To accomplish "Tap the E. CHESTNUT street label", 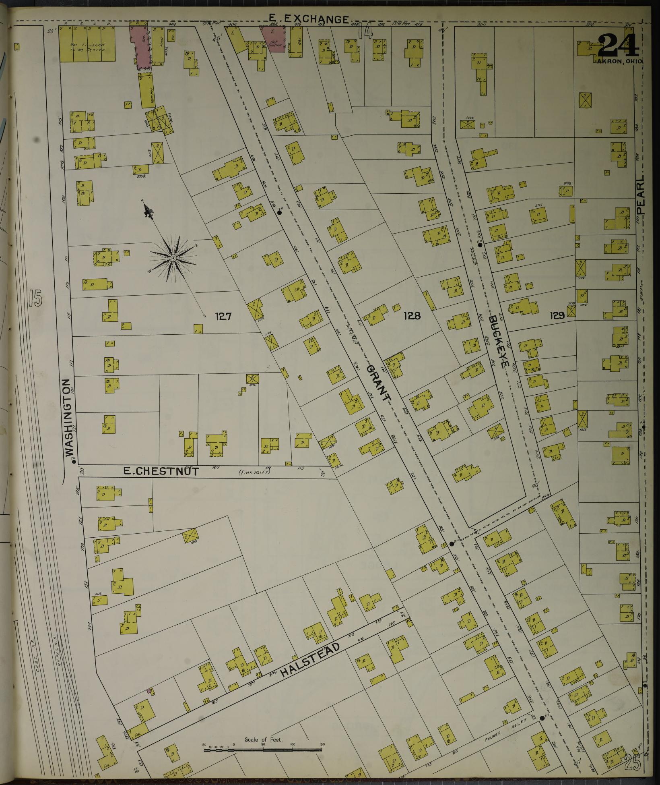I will pos(161,471).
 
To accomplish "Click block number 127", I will pos(223,316).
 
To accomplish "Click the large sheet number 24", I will pos(618,46).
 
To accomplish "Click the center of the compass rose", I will pos(173,258).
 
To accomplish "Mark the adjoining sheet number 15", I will pos(35,298).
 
